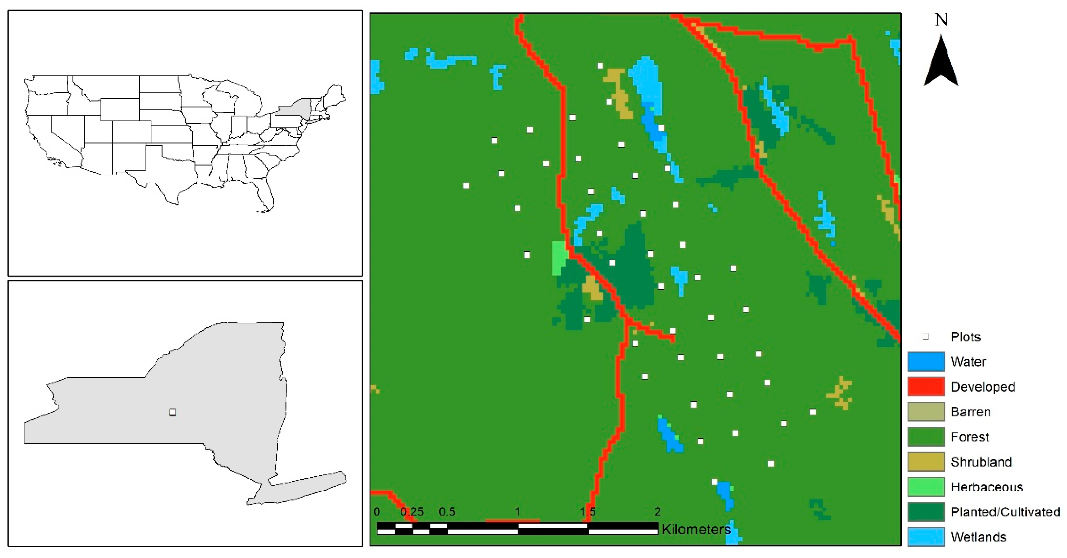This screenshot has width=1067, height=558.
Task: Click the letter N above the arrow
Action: (x=941, y=19)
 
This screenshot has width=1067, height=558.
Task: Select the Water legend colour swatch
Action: (x=926, y=361)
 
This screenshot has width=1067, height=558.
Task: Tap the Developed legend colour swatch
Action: (x=926, y=386)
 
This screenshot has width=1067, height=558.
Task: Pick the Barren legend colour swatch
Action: (x=926, y=412)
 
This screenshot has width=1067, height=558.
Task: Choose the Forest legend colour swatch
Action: (x=926, y=436)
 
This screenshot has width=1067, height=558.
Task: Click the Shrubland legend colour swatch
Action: (x=926, y=462)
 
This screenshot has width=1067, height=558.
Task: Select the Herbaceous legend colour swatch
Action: (x=926, y=487)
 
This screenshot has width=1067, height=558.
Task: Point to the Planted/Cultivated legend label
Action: (x=1005, y=512)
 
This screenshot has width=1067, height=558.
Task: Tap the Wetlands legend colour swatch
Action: (x=926, y=537)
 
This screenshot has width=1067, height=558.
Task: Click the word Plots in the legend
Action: (x=966, y=337)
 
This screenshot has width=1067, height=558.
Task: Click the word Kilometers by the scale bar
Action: (x=696, y=529)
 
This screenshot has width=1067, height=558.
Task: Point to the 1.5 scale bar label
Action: (x=588, y=511)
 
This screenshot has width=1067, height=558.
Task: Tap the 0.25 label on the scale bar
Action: (x=412, y=511)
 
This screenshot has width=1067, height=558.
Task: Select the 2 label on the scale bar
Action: (x=657, y=511)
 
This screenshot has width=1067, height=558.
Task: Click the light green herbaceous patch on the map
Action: (x=560, y=258)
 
